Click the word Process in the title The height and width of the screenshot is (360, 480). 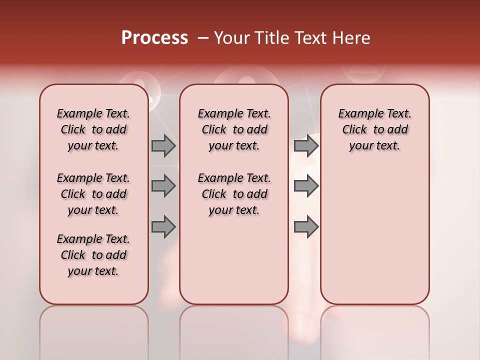tap(154, 38)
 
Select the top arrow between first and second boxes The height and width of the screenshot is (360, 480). tap(163, 145)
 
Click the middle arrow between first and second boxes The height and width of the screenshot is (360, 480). tap(163, 186)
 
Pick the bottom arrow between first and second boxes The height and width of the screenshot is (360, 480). tap(163, 227)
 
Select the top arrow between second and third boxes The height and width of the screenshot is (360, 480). tap(306, 145)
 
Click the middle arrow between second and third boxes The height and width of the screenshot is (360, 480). tap(306, 186)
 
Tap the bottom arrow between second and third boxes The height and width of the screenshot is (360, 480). tap(306, 227)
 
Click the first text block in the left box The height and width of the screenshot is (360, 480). tap(93, 129)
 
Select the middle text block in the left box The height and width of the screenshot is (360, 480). tap(93, 194)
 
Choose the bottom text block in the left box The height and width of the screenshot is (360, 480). tap(93, 255)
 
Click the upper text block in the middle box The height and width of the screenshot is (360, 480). tap(234, 129)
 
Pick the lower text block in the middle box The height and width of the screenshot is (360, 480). tap(234, 194)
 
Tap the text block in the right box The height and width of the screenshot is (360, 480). tap(374, 129)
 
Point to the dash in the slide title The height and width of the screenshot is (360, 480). tap(202, 38)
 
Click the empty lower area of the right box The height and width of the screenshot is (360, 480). tap(374, 235)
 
